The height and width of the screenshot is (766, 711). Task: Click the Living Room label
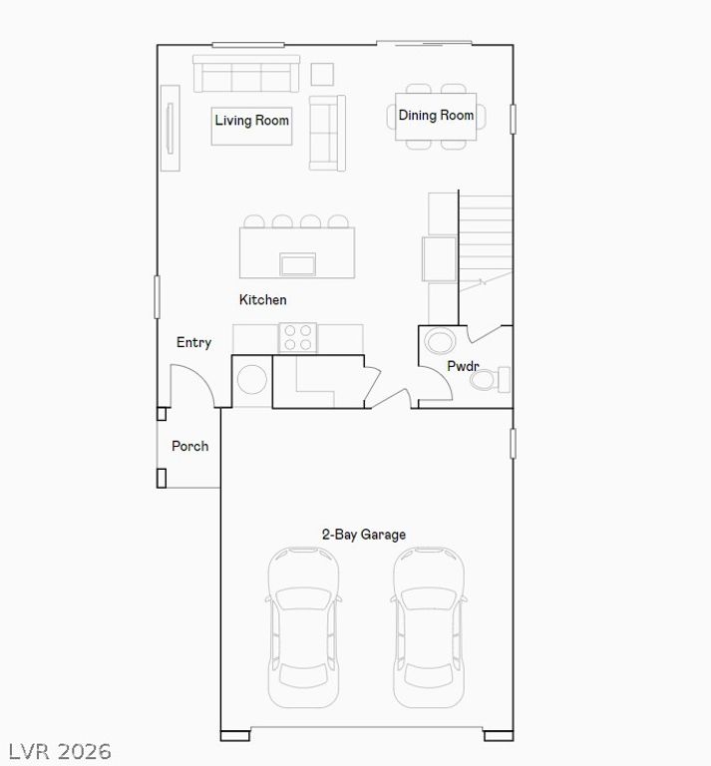[252, 120]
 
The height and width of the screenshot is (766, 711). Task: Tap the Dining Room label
[436, 116]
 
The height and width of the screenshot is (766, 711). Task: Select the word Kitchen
[262, 299]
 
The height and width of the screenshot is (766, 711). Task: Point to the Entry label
[193, 342]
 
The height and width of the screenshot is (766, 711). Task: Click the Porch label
[189, 446]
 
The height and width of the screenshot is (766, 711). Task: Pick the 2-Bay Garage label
[364, 535]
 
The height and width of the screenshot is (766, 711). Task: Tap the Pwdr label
[463, 365]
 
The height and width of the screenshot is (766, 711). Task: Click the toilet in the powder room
[490, 379]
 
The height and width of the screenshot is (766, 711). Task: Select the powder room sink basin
[440, 340]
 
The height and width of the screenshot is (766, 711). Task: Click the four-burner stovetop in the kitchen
[297, 337]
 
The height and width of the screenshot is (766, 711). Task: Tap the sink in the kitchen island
[297, 264]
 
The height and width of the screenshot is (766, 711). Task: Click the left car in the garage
[304, 627]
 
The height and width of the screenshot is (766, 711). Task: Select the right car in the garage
[429, 627]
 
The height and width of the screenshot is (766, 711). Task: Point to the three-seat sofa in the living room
[246, 73]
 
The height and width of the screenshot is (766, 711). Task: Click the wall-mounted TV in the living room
[170, 128]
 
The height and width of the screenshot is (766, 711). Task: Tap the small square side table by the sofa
[322, 74]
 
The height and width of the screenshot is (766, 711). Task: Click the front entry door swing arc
[201, 377]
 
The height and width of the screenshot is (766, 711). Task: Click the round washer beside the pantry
[252, 379]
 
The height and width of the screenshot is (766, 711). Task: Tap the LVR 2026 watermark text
[60, 751]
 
